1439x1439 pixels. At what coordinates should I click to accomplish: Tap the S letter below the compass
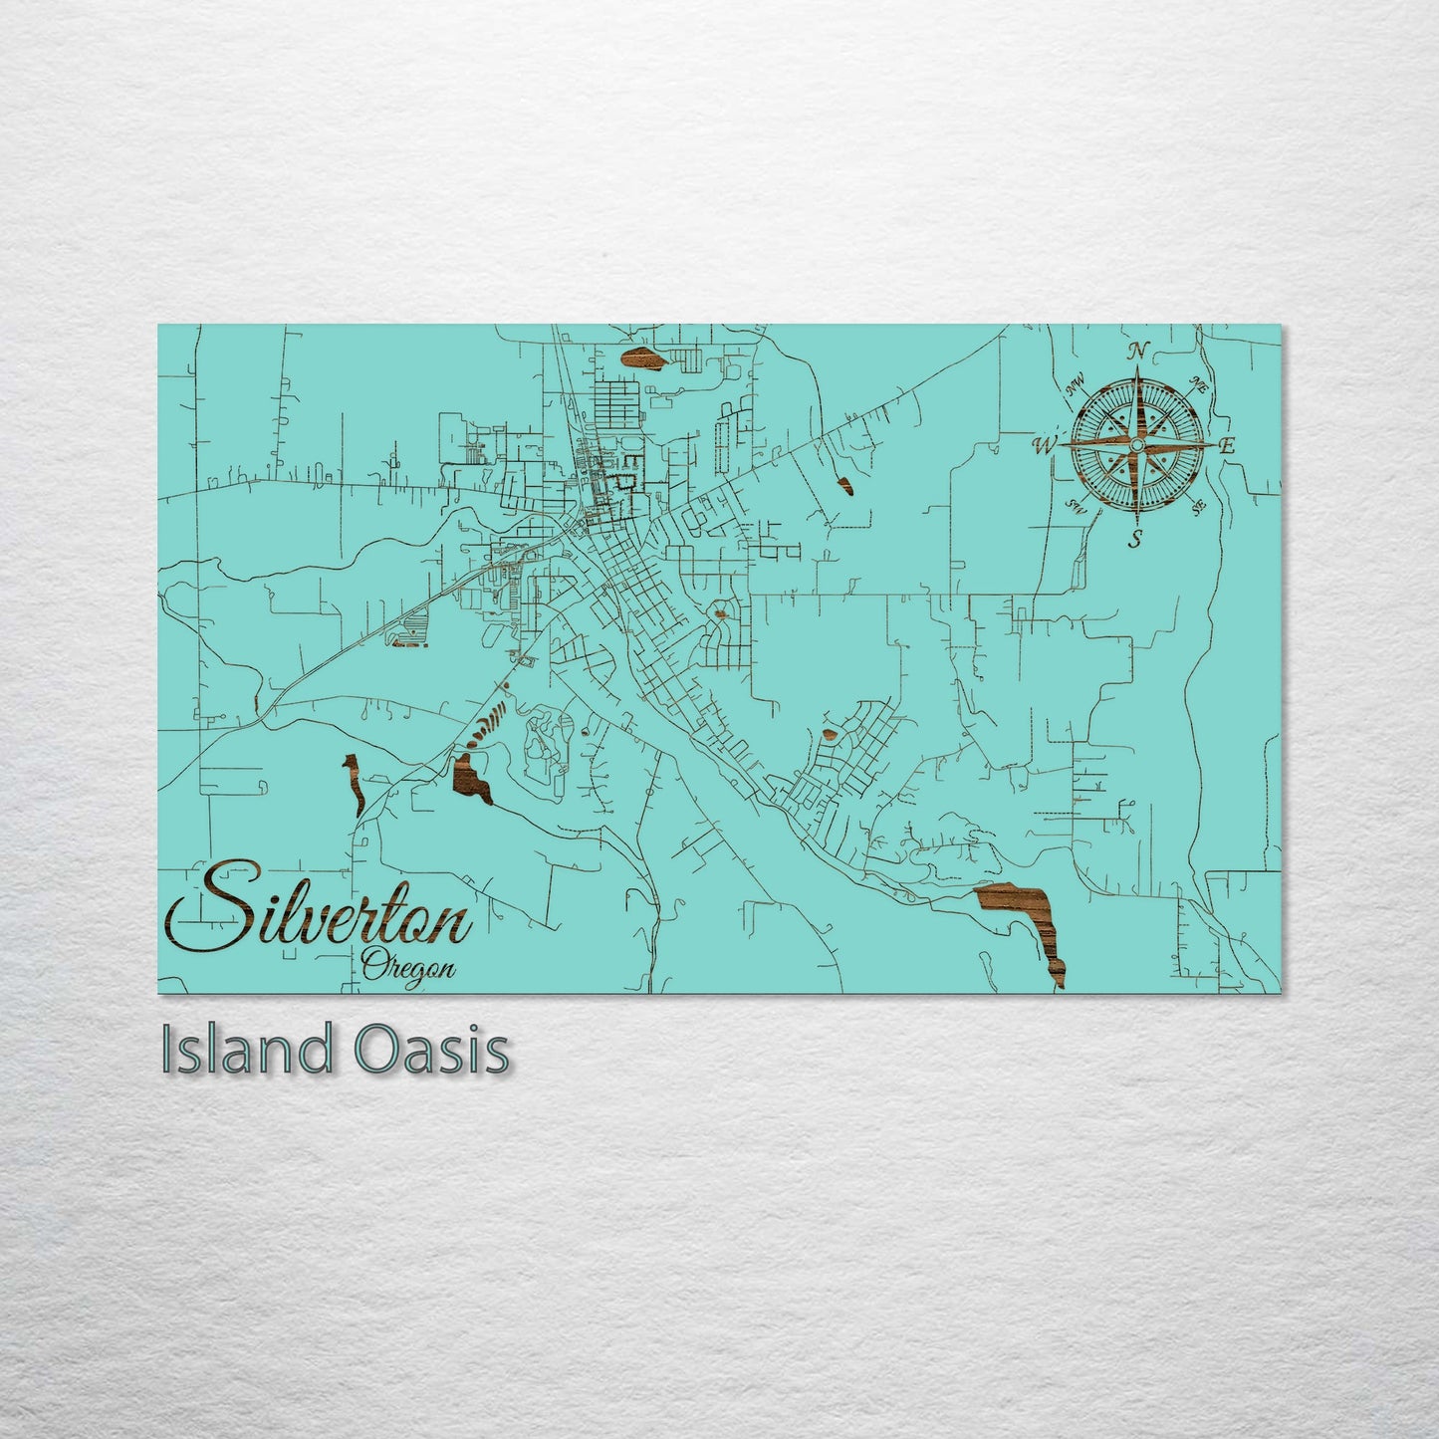(x=1135, y=540)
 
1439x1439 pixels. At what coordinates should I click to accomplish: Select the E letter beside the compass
(x=1228, y=446)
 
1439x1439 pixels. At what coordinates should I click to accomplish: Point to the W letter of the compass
(x=1045, y=444)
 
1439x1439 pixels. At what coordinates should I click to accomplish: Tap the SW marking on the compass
(x=1075, y=506)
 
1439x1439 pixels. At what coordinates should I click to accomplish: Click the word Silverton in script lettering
(x=319, y=914)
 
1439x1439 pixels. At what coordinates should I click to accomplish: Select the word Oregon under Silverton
(x=408, y=966)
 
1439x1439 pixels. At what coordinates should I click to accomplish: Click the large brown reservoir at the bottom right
(x=1026, y=911)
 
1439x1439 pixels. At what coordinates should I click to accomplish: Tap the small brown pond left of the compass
(x=845, y=485)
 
